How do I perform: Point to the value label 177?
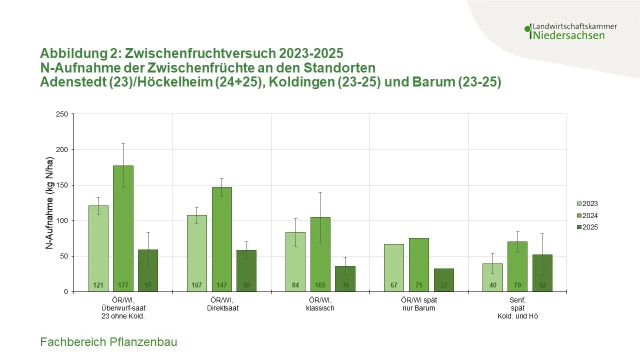[123, 285]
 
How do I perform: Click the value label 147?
[221, 285]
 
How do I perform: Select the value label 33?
[443, 285]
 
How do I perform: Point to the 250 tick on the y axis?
[62, 114]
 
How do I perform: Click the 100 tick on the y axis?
[62, 220]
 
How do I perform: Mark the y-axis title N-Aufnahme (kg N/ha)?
[50, 203]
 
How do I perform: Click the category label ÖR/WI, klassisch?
[320, 304]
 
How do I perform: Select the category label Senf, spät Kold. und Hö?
[517, 308]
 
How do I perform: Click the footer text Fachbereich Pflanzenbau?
[108, 342]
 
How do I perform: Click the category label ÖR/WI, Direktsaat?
[221, 304]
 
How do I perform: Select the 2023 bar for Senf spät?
[492, 277]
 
